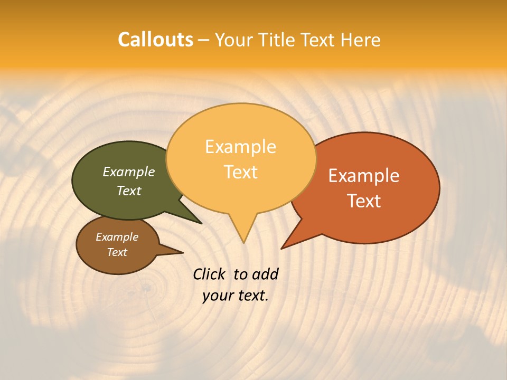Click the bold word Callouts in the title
click(155, 40)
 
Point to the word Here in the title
click(360, 40)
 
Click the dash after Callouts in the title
click(204, 41)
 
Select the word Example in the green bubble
click(128, 172)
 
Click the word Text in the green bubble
click(128, 191)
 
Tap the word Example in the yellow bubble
click(240, 147)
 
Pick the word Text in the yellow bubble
click(240, 172)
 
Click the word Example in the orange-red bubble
click(364, 176)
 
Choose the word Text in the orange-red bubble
click(364, 201)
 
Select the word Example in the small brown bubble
click(117, 237)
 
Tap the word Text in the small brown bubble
click(117, 252)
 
